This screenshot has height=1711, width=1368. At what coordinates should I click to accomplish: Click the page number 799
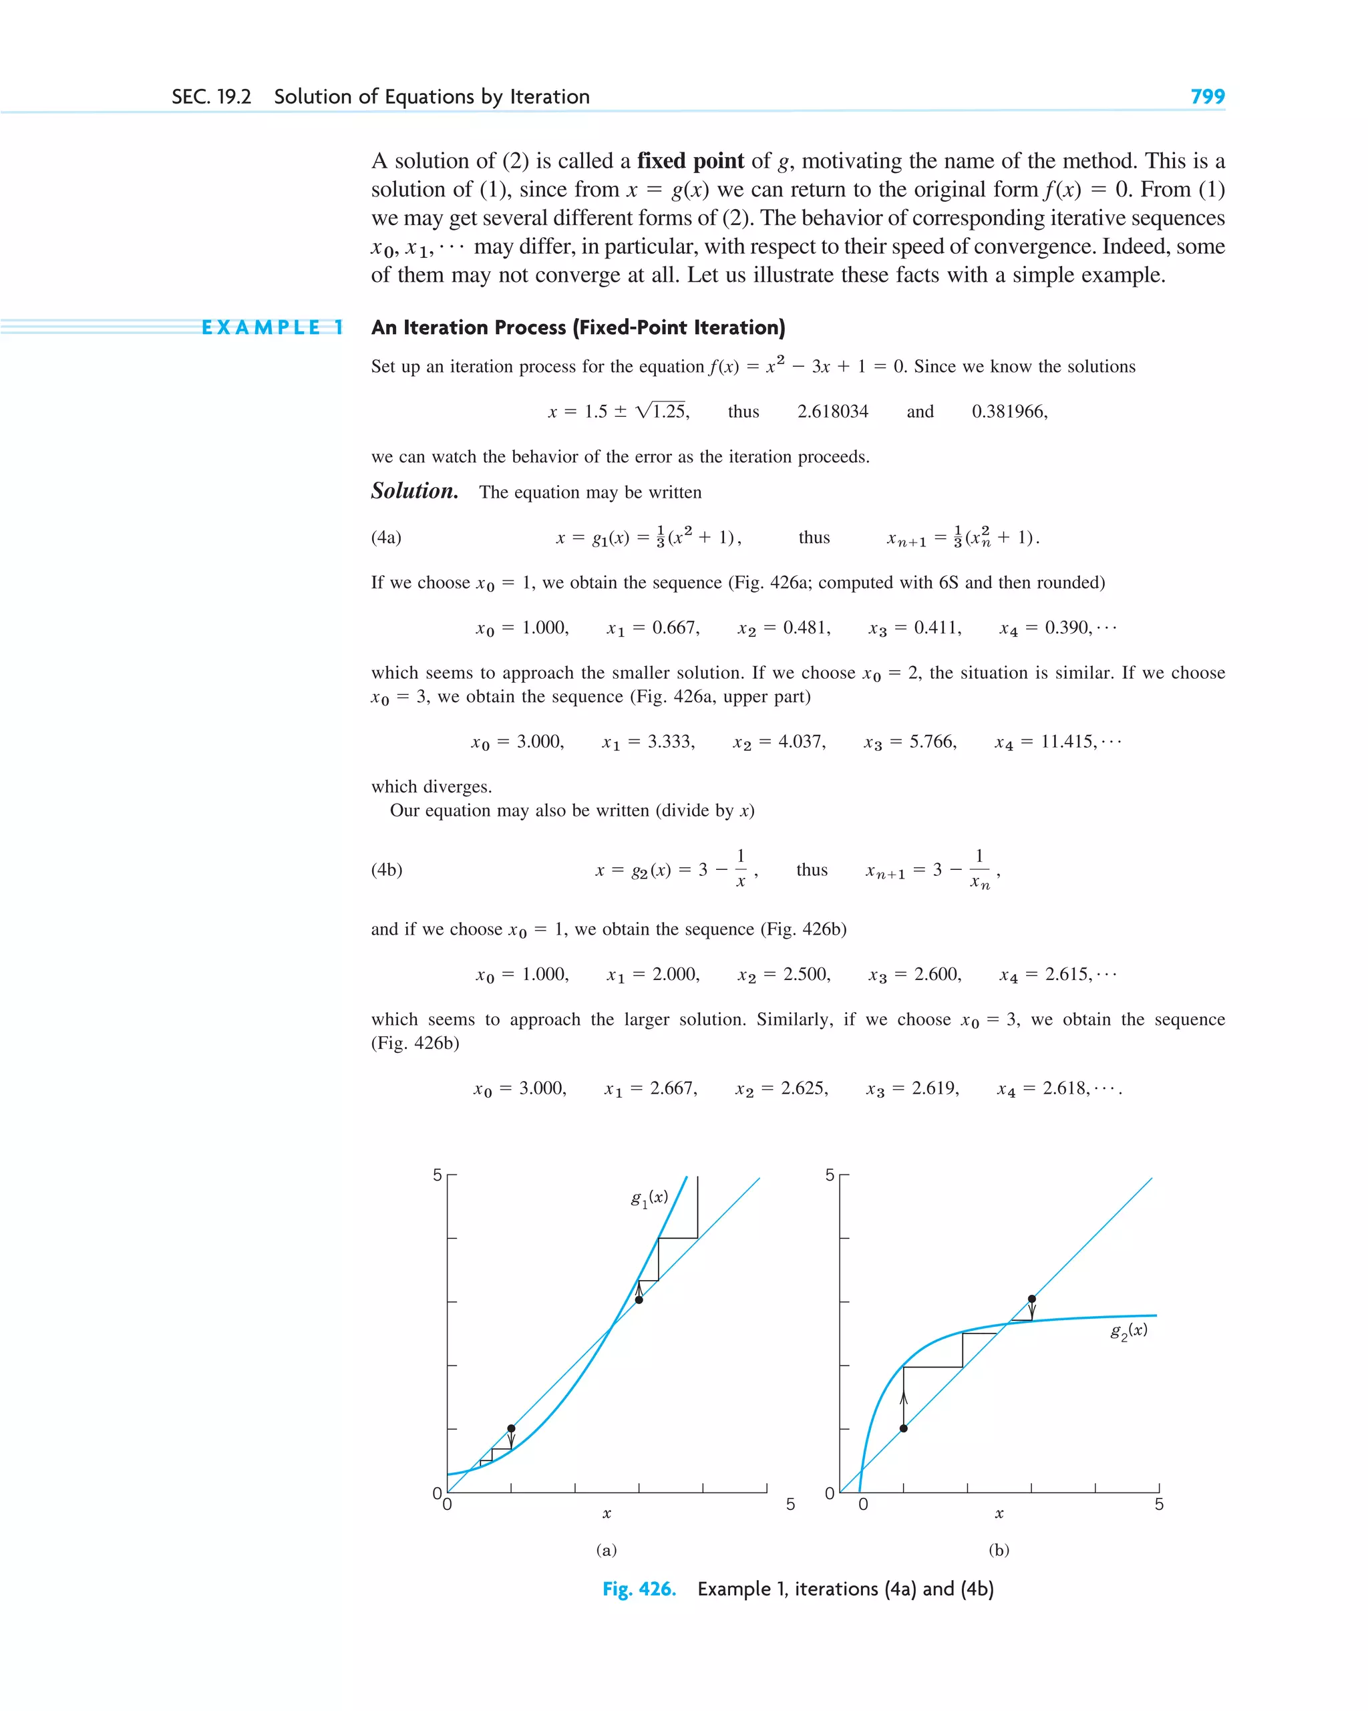click(1207, 96)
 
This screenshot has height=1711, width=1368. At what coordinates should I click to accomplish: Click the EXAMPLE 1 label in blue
click(272, 328)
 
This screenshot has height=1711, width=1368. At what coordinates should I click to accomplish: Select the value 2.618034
click(832, 411)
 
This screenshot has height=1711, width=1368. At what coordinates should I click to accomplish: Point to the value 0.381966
click(1009, 411)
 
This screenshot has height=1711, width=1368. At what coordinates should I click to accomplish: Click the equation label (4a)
click(387, 537)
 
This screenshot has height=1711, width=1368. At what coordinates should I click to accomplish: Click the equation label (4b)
click(387, 870)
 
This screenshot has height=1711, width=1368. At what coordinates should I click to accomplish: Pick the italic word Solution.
click(414, 491)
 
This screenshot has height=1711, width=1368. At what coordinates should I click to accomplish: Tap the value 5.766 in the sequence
click(932, 741)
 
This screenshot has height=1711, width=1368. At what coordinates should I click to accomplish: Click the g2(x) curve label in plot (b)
click(1128, 1332)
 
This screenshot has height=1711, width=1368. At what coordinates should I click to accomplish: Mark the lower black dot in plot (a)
click(511, 1428)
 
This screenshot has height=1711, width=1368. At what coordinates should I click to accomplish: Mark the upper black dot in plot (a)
click(639, 1300)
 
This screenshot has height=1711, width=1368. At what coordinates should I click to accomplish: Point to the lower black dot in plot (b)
click(903, 1428)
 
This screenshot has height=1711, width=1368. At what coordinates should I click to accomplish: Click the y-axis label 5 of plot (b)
click(830, 1175)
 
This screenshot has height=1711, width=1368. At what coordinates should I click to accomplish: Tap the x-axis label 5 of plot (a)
click(790, 1504)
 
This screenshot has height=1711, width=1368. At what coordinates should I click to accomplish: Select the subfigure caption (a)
click(607, 1550)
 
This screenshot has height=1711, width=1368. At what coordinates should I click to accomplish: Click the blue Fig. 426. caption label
click(639, 1589)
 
